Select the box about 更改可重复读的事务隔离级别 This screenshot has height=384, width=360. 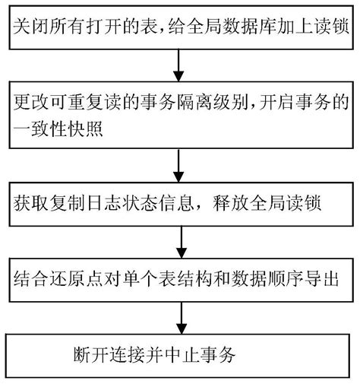click(x=180, y=118)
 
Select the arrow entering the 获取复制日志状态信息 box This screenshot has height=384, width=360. click(x=179, y=163)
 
